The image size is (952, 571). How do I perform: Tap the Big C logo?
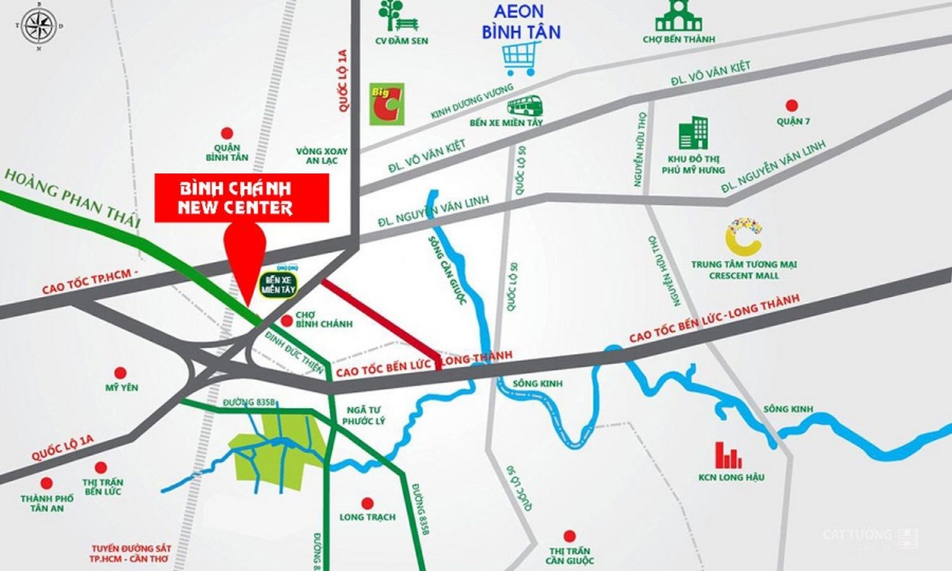tap(387, 104)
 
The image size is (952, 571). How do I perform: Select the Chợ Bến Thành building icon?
tap(678, 16)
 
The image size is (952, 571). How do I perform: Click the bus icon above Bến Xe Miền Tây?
tap(524, 105)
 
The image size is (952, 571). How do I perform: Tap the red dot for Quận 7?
tap(791, 105)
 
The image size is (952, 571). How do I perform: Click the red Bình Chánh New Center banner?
tap(242, 198)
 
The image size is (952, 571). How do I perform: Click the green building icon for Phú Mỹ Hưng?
tap(693, 133)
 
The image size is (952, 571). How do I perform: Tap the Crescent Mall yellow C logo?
tap(743, 236)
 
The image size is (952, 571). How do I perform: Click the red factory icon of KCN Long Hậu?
tap(728, 455)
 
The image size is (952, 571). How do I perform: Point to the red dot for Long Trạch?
tap(366, 502)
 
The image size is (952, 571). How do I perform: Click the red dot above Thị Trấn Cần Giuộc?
tap(569, 536)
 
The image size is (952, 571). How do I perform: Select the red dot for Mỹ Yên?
tap(120, 373)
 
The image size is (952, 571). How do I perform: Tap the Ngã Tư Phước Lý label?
tap(363, 416)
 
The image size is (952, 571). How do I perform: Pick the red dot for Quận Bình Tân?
tap(227, 133)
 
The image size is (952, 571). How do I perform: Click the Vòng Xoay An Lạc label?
tap(322, 156)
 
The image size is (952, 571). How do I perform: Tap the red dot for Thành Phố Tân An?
tap(46, 483)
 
